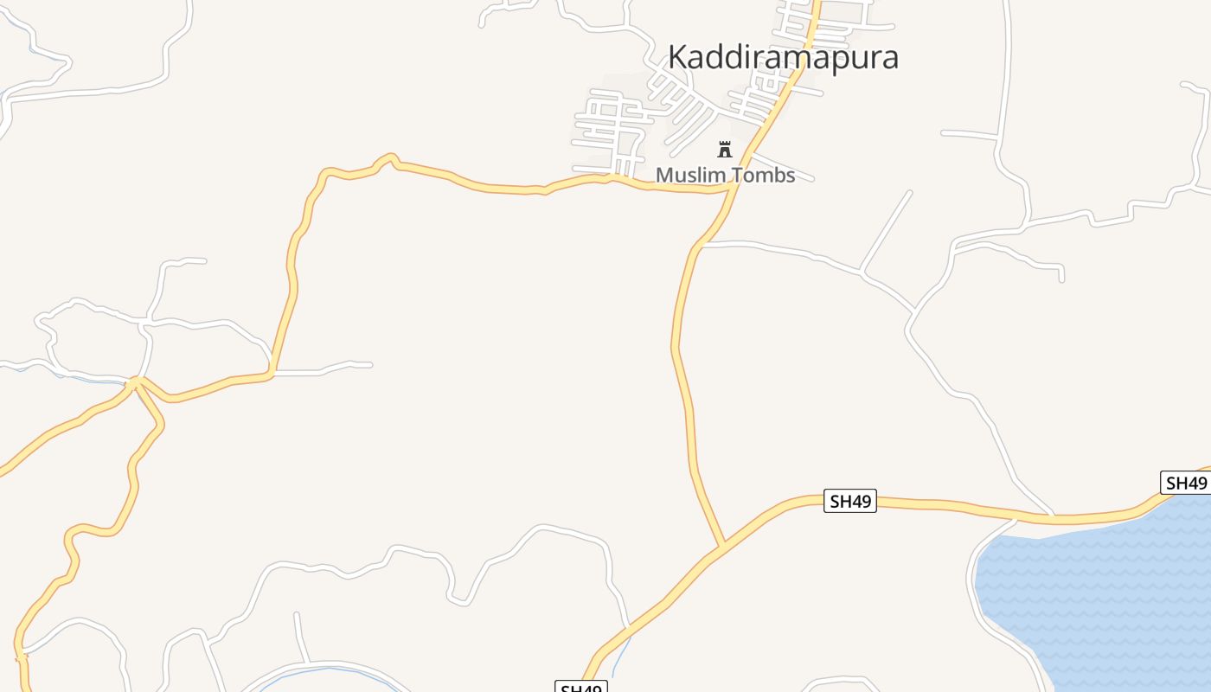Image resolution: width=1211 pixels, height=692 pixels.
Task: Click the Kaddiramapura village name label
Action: (783, 57)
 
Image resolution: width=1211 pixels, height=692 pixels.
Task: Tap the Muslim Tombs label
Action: (725, 175)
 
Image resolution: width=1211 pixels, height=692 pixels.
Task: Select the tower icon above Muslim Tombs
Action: (725, 149)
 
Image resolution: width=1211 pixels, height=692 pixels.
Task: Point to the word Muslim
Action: (686, 175)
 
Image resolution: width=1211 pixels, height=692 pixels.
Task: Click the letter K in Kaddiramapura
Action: (679, 57)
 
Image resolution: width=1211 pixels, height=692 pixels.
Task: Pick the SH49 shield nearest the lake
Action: (1184, 483)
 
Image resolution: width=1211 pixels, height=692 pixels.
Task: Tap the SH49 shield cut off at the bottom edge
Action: (580, 688)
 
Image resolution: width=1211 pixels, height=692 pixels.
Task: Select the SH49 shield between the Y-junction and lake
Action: (849, 501)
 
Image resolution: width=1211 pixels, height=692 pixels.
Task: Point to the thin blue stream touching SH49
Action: (621, 653)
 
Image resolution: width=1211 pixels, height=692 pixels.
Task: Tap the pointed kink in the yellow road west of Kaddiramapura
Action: (391, 157)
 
